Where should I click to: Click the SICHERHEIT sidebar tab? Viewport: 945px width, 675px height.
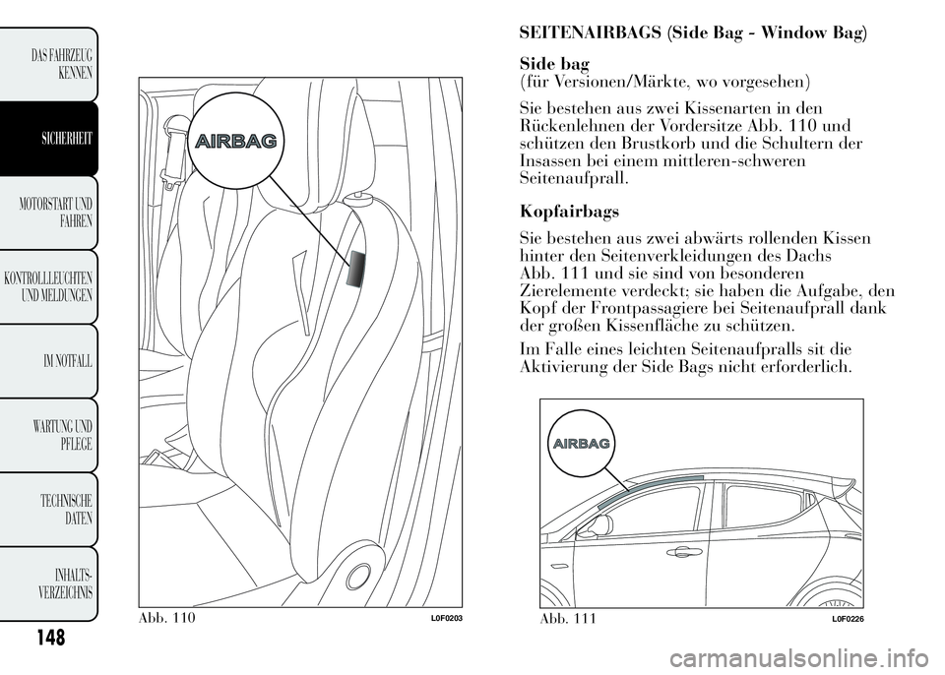(54, 139)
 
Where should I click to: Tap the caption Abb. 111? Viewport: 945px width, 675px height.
(570, 617)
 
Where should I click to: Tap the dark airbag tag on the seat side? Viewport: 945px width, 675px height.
(356, 268)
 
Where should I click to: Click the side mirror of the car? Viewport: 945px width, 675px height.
(598, 526)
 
